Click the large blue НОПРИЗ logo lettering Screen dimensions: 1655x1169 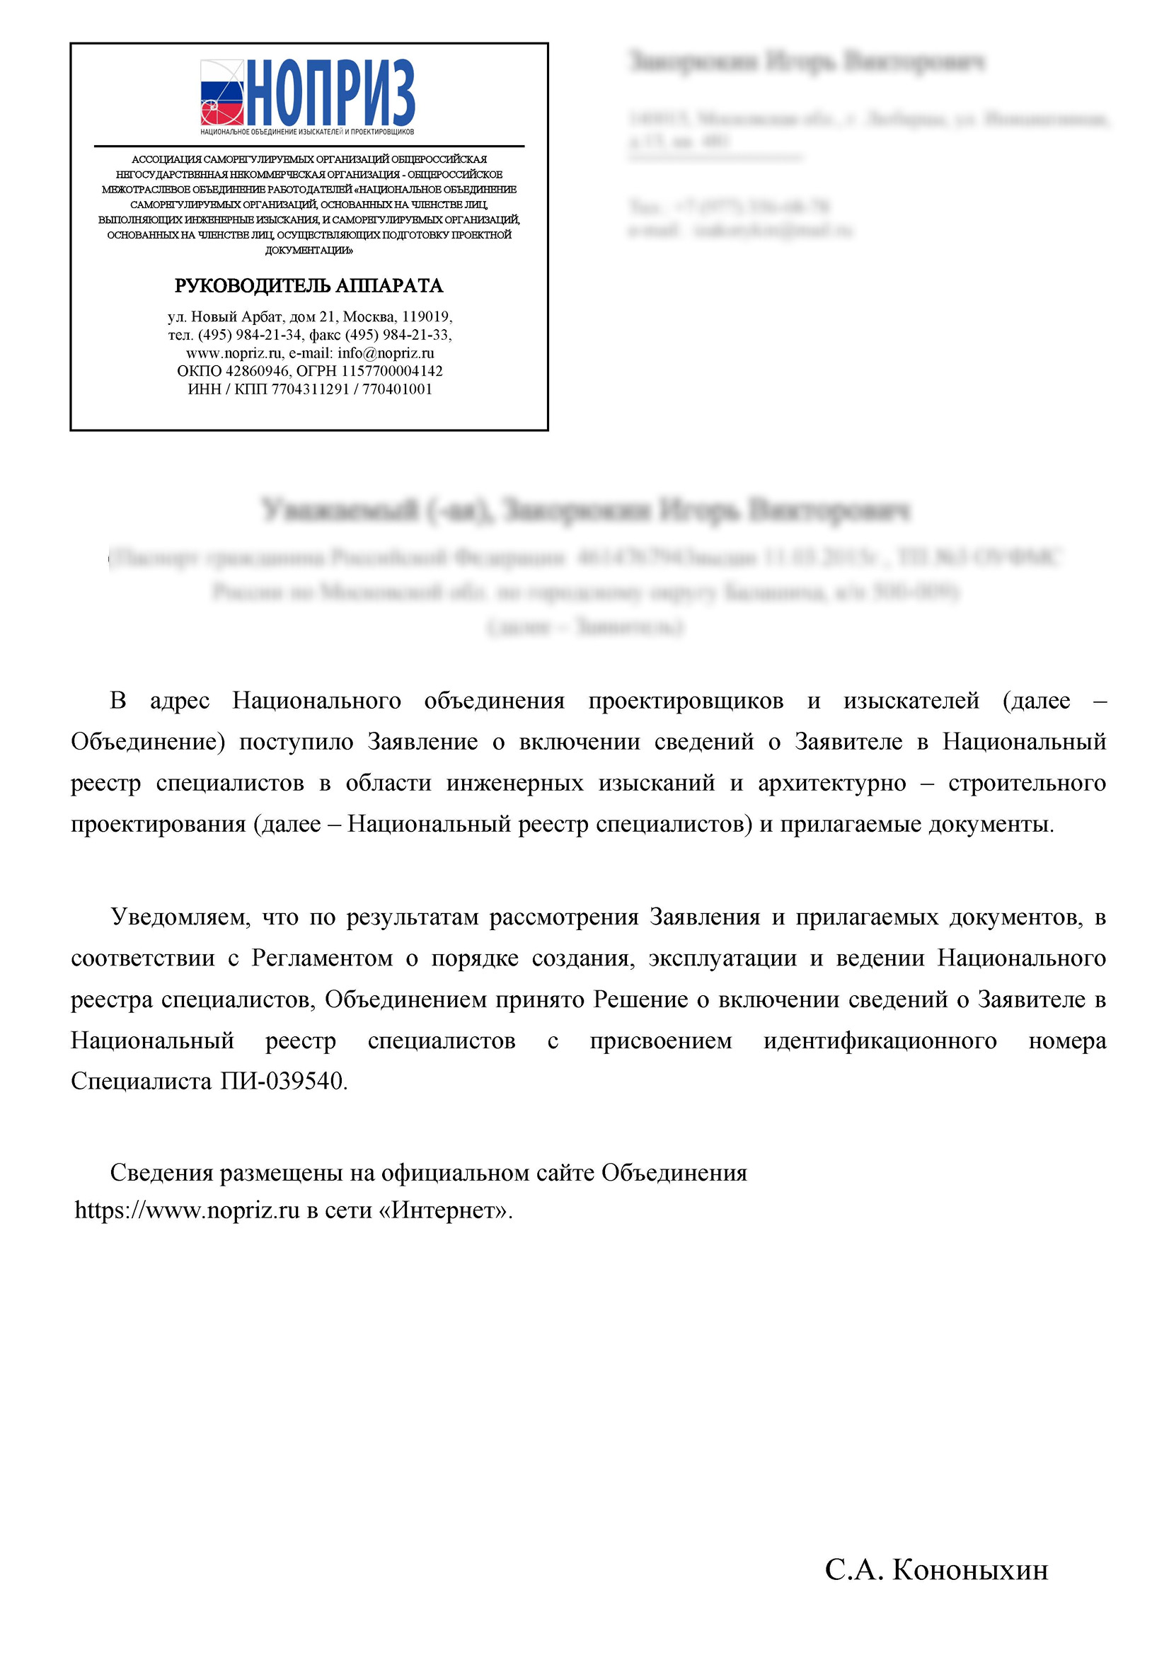click(332, 92)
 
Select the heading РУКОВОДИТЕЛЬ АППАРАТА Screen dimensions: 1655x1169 click(309, 286)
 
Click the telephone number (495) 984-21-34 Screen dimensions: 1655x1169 click(250, 336)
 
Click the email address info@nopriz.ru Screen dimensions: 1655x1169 click(386, 353)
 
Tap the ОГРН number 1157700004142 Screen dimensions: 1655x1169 click(391, 371)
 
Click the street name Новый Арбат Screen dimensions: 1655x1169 click(236, 316)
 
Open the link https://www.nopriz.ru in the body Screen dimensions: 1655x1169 click(187, 1211)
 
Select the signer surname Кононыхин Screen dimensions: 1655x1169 click(970, 1570)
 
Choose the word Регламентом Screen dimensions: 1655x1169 click(322, 958)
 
